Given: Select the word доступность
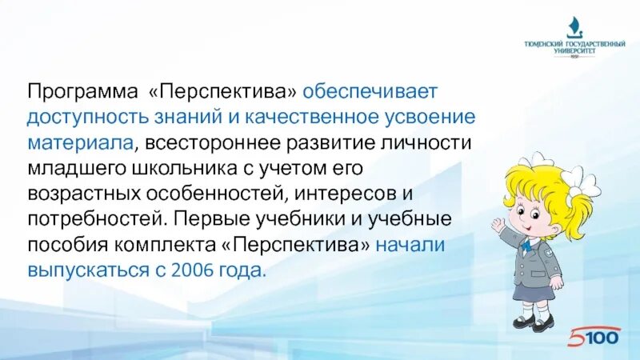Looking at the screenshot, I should (x=84, y=117).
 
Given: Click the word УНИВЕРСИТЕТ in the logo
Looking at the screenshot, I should (x=574, y=50).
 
